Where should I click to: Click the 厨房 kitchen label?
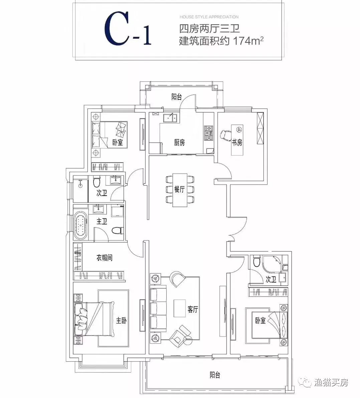[x=179, y=143]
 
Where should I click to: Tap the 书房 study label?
[x=237, y=143]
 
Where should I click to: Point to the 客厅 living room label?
[x=193, y=310]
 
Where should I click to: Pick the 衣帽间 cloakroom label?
[x=104, y=258]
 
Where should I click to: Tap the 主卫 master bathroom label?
[x=102, y=221]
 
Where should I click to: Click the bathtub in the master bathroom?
[x=81, y=225]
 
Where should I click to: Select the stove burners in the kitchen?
[x=209, y=133]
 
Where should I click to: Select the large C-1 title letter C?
[x=116, y=29]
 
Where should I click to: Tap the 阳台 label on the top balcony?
[x=177, y=97]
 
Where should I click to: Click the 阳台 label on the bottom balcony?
[x=215, y=375]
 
